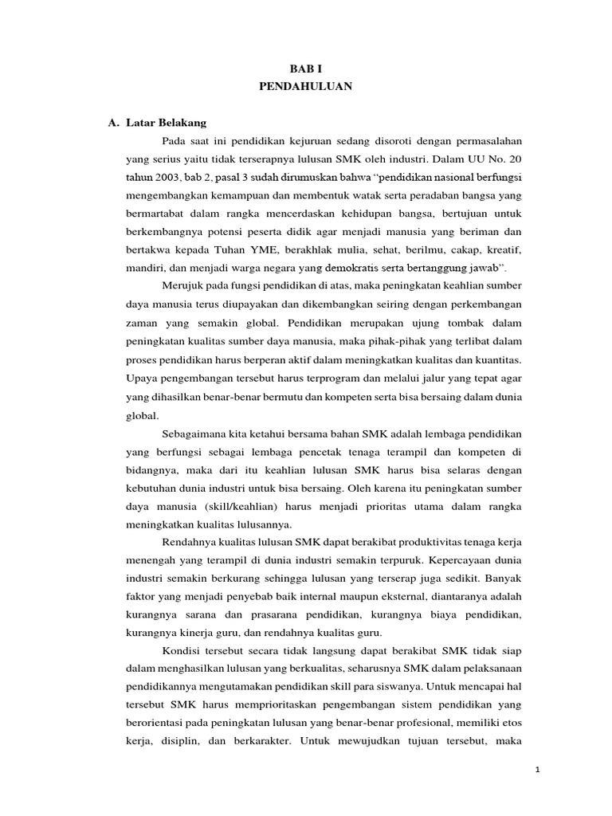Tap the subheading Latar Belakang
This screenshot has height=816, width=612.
171,123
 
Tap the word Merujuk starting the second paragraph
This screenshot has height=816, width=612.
182,284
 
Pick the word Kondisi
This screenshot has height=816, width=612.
182,650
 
